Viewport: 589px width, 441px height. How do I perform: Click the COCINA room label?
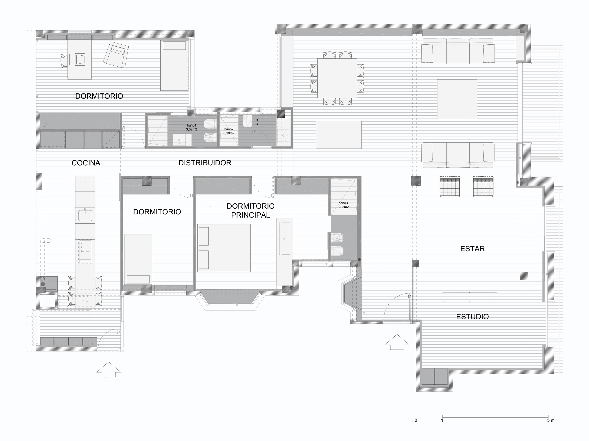coord(86,163)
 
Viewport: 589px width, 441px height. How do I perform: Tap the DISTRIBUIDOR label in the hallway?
coord(205,163)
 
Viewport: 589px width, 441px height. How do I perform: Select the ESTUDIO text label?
coord(472,317)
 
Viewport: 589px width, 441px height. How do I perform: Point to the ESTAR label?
coord(472,249)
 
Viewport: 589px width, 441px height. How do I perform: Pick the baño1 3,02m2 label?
coord(191,128)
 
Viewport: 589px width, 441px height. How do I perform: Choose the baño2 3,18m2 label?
coord(229,131)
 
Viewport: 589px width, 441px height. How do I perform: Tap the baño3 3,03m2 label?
coord(343,205)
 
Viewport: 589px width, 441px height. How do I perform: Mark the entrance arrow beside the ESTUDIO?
coord(397,342)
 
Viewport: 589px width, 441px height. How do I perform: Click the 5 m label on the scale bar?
coord(551,421)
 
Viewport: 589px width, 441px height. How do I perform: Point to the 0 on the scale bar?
coord(416,421)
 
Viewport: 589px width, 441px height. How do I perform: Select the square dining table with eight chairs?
coord(337,78)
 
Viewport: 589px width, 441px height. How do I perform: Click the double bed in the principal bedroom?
coord(223,248)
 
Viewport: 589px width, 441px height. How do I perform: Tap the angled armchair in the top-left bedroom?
coord(116,55)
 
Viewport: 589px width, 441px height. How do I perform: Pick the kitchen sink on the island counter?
coord(85,215)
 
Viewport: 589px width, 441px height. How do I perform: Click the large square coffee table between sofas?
coord(457,99)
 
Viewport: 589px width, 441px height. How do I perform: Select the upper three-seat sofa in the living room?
coord(458,51)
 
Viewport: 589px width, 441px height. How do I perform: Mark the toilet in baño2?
coord(247,121)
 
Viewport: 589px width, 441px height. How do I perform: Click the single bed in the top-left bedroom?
coord(175,66)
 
